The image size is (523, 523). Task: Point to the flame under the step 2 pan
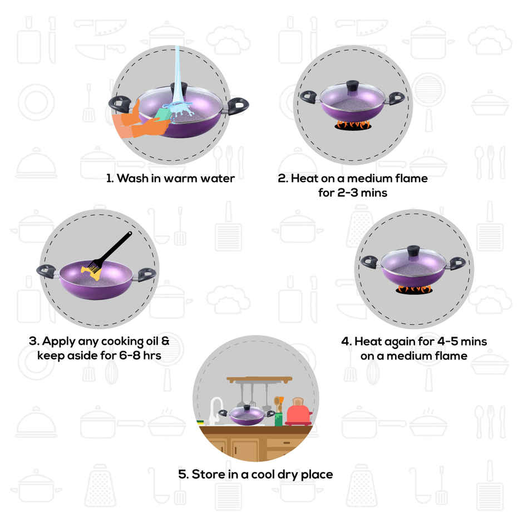point(352,126)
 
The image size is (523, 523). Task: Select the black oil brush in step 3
point(114,250)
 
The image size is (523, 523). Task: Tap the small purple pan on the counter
point(248,416)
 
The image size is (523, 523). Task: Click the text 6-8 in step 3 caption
point(129,355)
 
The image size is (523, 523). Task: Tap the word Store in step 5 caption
point(209,475)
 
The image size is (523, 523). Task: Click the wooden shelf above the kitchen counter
point(259,379)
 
